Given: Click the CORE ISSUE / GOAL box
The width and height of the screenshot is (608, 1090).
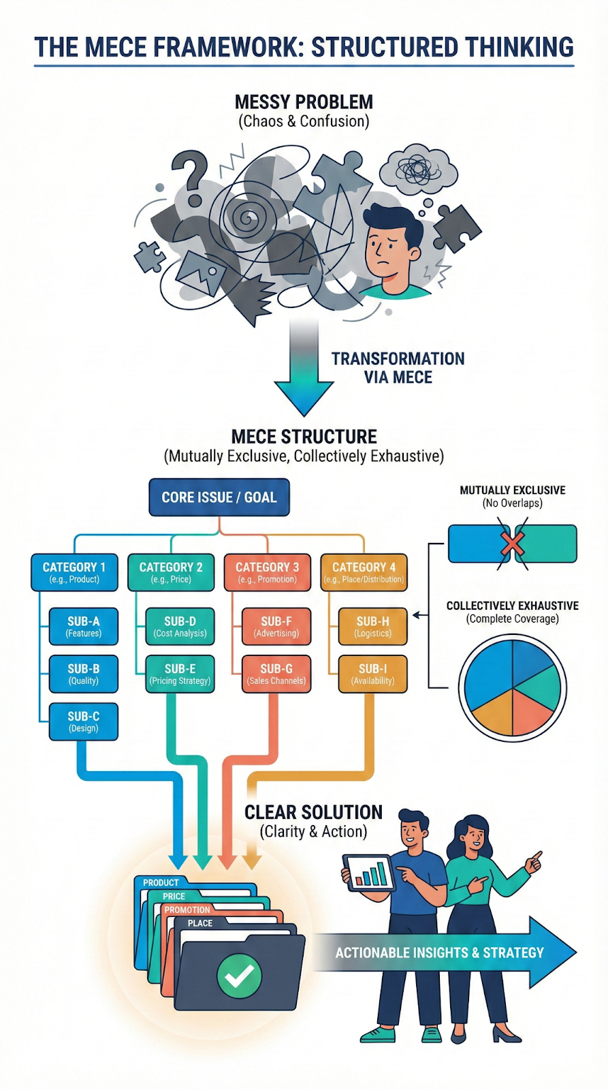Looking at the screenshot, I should (x=219, y=497).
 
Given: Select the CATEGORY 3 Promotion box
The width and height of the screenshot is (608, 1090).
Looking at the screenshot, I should (x=267, y=572).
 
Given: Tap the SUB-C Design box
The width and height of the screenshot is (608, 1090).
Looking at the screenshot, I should (x=84, y=721).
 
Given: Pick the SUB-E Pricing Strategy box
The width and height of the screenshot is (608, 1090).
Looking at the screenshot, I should (x=180, y=674).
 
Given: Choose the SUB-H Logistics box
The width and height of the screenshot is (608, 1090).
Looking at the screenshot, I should (x=373, y=626).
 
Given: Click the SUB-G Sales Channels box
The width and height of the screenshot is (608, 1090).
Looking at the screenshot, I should (x=276, y=674).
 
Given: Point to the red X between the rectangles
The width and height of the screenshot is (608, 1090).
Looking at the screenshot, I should (x=512, y=544).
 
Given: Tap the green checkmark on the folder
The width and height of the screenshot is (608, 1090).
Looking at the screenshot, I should (x=239, y=976).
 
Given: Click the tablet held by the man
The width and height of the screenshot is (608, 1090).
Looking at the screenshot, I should (x=368, y=873).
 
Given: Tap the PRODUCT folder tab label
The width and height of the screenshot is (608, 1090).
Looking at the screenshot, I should (x=161, y=883).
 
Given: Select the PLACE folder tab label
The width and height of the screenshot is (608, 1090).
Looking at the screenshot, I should (x=200, y=923).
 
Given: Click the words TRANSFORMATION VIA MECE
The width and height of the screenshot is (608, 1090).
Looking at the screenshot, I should (x=398, y=368).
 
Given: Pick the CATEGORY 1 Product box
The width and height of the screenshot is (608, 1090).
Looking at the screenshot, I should (x=74, y=572).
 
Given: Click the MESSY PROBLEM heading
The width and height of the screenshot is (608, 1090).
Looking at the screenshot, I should (x=304, y=102).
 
